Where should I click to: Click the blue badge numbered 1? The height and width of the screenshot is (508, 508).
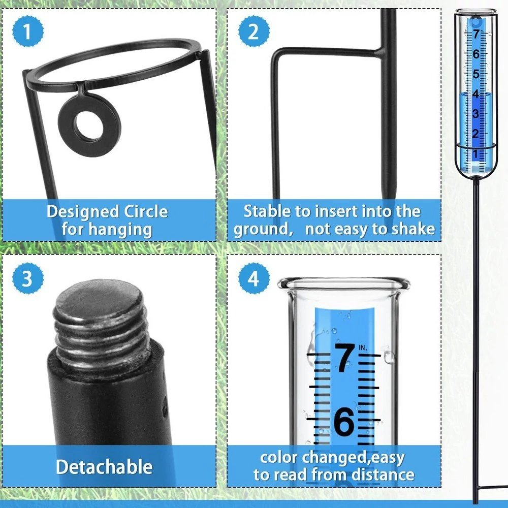pos(27,31)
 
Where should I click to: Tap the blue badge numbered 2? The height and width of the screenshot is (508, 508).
pos(253,31)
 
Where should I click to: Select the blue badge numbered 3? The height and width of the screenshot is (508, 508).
pos(27,278)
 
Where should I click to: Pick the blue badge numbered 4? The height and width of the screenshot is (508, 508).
pos(253,278)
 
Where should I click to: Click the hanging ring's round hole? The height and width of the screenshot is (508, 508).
pos(89,126)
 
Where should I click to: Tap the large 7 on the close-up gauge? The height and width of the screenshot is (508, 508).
pos(344,358)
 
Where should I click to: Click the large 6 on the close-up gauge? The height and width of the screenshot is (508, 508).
pos(344,421)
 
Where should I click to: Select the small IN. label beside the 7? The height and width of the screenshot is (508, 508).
pos(363,348)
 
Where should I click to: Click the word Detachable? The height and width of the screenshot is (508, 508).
pos(104,467)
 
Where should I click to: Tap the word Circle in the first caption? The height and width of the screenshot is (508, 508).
pos(146,211)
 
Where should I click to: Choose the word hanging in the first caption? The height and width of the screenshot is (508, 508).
pos(120,230)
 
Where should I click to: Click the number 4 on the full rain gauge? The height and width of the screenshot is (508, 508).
pos(475,93)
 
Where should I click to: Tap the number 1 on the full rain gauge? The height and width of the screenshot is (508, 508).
pos(475,154)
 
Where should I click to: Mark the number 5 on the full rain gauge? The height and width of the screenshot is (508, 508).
pos(475,74)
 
